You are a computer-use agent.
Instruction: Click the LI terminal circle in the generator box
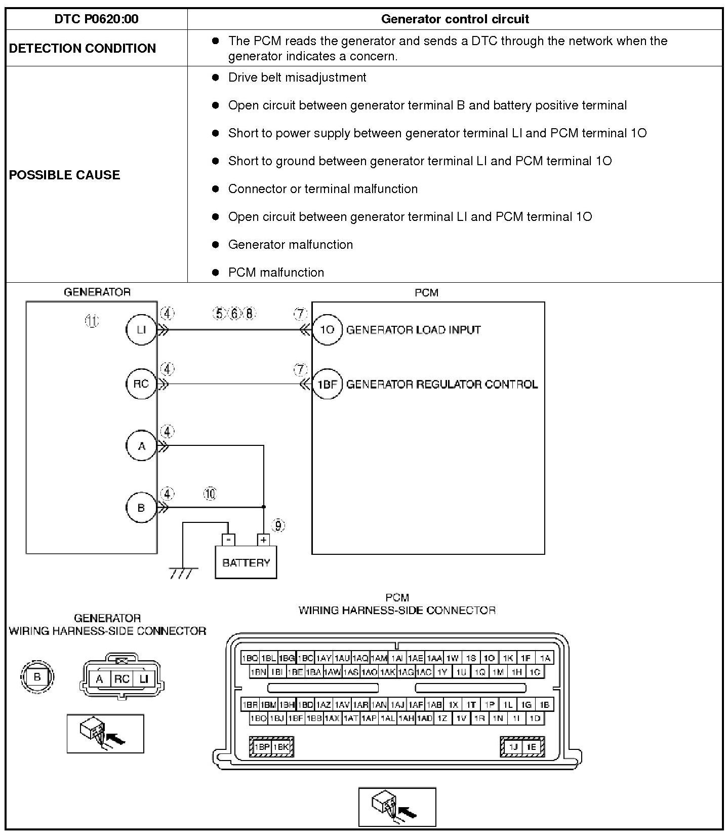pyautogui.click(x=141, y=330)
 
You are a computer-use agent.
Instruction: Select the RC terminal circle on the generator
pyautogui.click(x=141, y=384)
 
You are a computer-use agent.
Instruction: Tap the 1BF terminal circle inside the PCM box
pyautogui.click(x=327, y=384)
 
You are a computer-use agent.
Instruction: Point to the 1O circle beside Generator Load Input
pyautogui.click(x=327, y=330)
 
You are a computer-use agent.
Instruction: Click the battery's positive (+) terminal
pyautogui.click(x=263, y=540)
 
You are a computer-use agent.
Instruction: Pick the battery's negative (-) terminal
pyautogui.click(x=229, y=540)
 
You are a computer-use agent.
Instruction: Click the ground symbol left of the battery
pyautogui.click(x=182, y=573)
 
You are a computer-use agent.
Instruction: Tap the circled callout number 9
pyautogui.click(x=278, y=525)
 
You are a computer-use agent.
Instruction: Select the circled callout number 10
pyautogui.click(x=210, y=494)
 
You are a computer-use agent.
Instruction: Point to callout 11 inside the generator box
pyautogui.click(x=92, y=321)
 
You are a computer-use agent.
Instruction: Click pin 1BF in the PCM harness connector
pyautogui.click(x=295, y=718)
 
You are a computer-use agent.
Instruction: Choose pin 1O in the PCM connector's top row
pyautogui.click(x=489, y=658)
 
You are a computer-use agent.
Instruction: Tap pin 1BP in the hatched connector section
pyautogui.click(x=262, y=747)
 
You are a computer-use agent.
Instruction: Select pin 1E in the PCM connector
pyautogui.click(x=531, y=747)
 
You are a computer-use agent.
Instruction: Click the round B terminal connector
pyautogui.click(x=37, y=677)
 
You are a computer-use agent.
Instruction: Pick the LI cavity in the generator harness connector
pyautogui.click(x=144, y=679)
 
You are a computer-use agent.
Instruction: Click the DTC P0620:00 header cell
pyautogui.click(x=96, y=19)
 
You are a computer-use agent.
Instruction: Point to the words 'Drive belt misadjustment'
pyautogui.click(x=297, y=78)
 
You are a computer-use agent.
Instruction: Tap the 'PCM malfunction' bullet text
pyautogui.click(x=276, y=272)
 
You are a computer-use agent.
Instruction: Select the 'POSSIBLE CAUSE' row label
pyautogui.click(x=65, y=175)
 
